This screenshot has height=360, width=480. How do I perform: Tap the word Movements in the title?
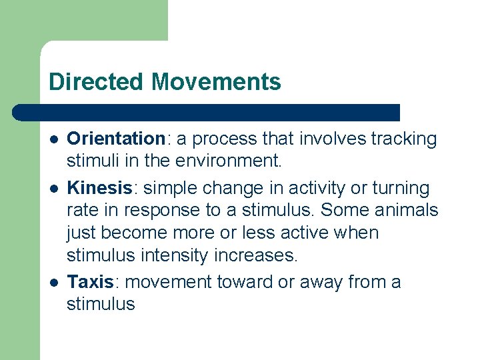coord(216,82)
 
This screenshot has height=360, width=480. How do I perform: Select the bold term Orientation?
coord(116,139)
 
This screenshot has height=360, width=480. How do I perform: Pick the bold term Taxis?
coord(90,282)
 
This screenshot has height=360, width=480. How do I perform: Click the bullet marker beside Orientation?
coord(53,139)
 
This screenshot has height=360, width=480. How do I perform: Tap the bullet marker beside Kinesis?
coord(53,187)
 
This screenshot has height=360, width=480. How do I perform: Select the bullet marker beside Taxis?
coord(53,283)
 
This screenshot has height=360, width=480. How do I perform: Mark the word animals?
coord(407,210)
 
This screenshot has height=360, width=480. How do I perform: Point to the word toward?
coord(244,282)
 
